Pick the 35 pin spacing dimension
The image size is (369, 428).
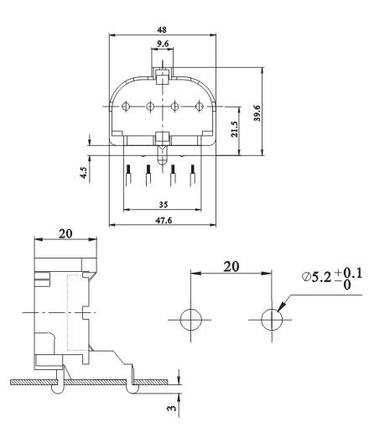click(164, 204)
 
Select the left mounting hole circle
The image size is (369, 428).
click(190, 320)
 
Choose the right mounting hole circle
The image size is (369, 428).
click(270, 320)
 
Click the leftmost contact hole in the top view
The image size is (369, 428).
click(127, 106)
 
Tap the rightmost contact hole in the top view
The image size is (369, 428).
click(199, 106)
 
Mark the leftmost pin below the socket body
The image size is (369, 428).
click(127, 179)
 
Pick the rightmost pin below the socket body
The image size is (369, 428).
click(194, 179)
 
